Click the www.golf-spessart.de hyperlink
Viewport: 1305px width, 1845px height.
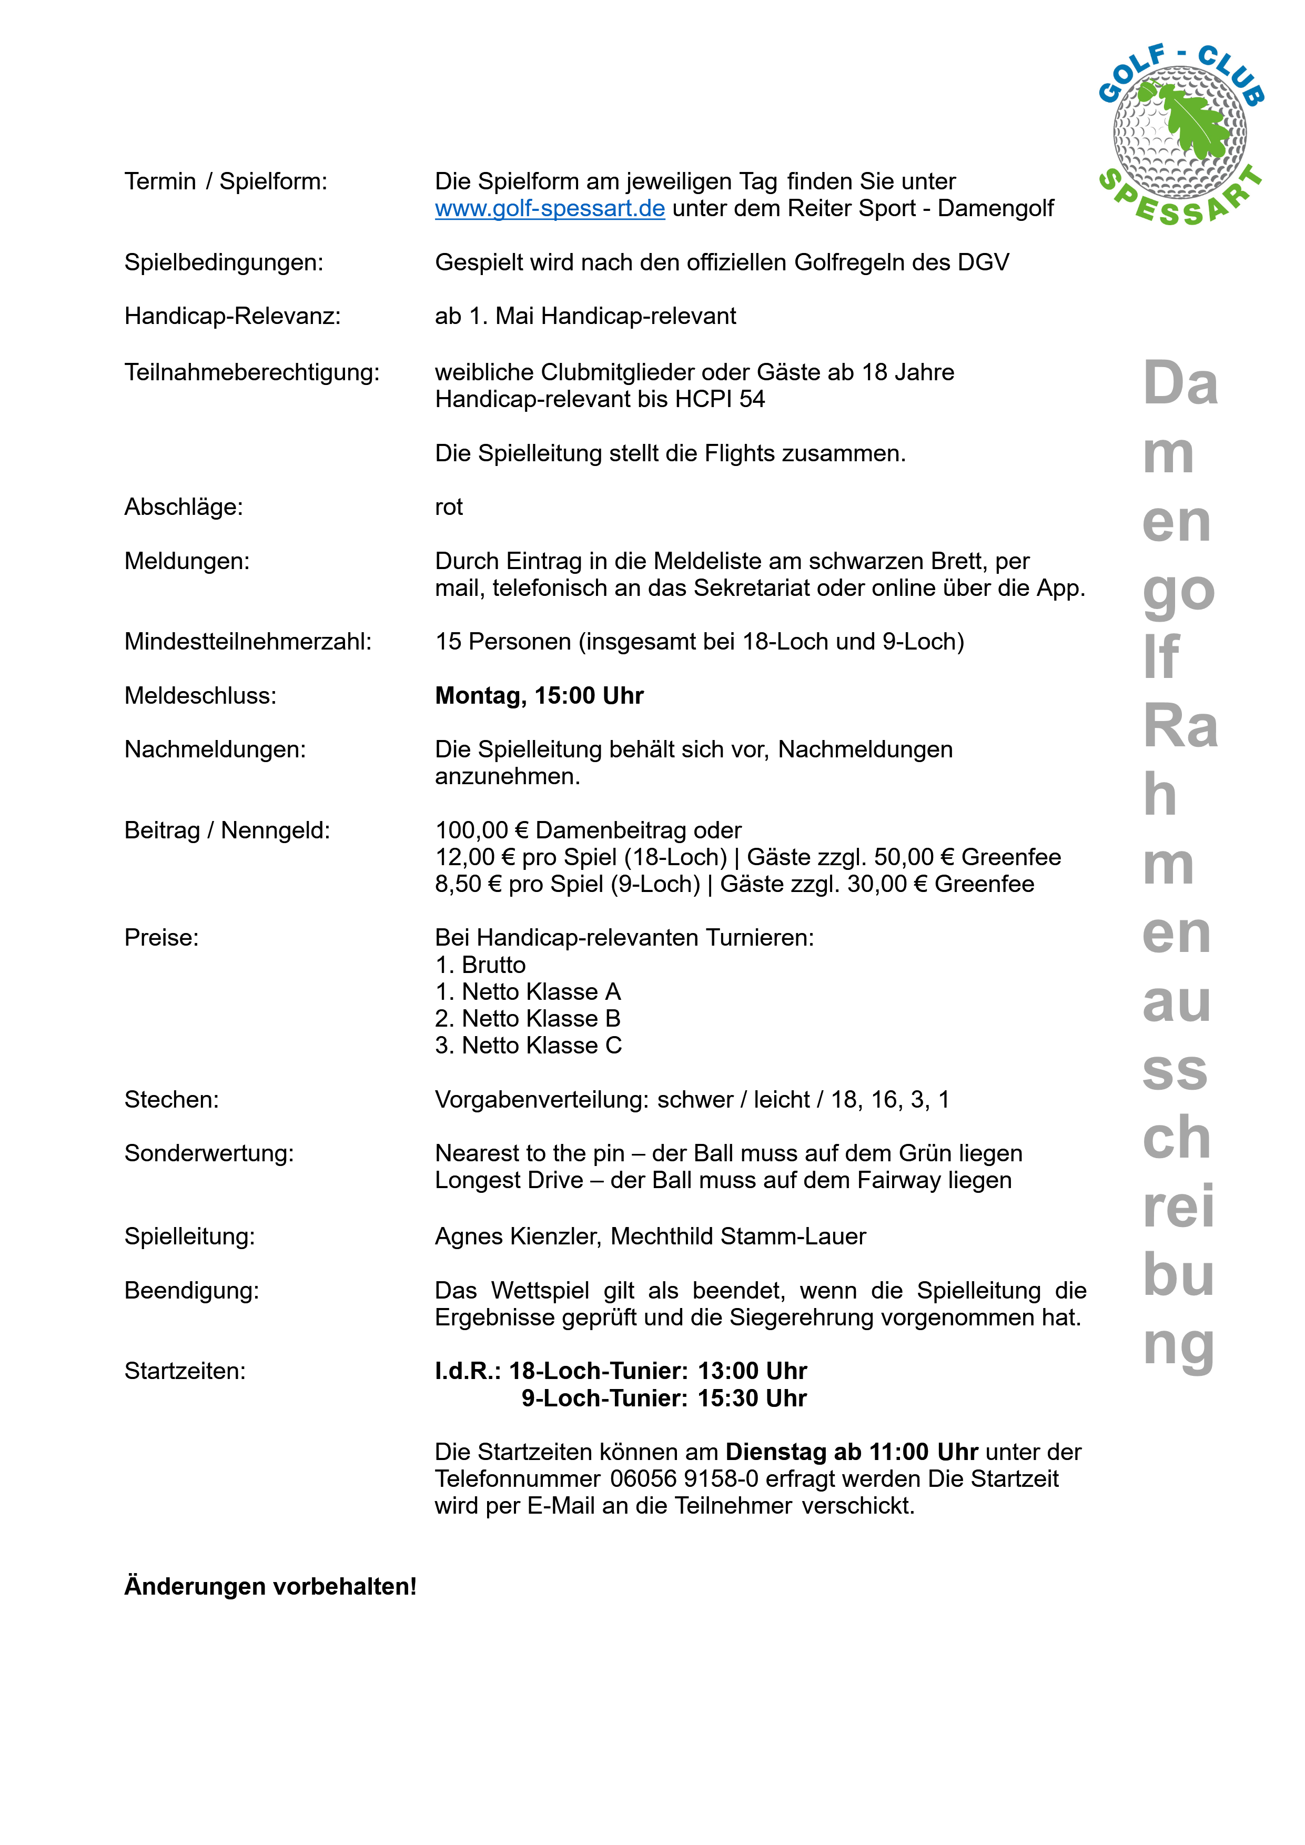pyautogui.click(x=550, y=209)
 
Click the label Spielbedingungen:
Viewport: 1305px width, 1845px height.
pyautogui.click(x=224, y=263)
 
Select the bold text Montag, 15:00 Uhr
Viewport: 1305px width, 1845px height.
pyautogui.click(x=539, y=696)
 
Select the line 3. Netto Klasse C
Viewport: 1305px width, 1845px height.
pyautogui.click(x=528, y=1046)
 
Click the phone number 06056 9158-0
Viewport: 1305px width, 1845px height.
pyautogui.click(x=684, y=1478)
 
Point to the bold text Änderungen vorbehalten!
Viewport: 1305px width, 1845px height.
pyautogui.click(x=270, y=1586)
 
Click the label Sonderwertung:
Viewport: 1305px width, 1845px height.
pyautogui.click(x=209, y=1153)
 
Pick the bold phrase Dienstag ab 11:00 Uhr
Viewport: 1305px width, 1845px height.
pyautogui.click(x=851, y=1452)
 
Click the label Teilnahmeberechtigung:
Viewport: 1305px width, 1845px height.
pyautogui.click(x=251, y=373)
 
